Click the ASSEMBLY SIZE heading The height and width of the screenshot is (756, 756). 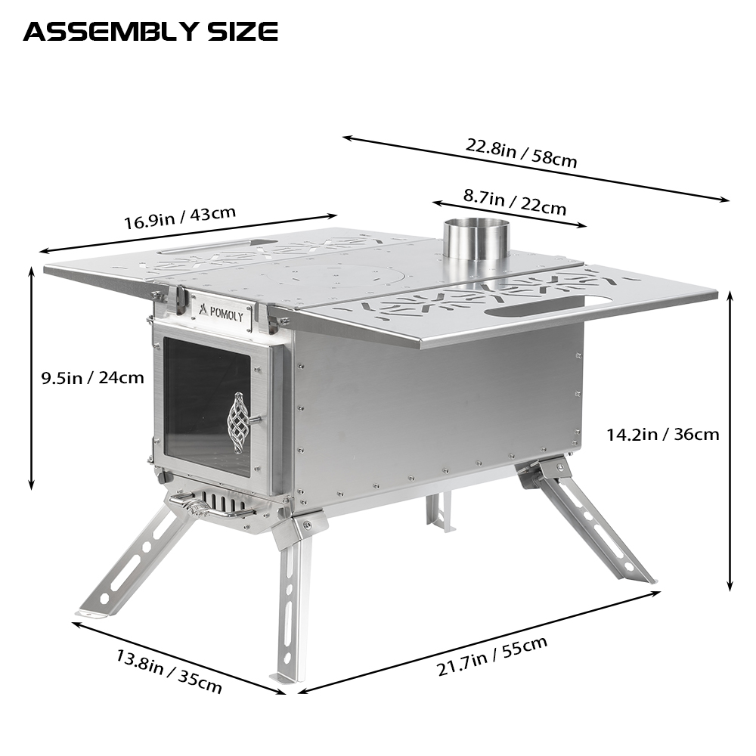point(150,32)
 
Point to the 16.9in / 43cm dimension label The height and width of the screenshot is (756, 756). point(180,218)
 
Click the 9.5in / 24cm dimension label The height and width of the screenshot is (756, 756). point(92,377)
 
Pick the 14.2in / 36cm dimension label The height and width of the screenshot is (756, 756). point(662,435)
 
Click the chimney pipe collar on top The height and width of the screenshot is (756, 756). point(475,239)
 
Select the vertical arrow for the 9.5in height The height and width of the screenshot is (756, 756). point(32,377)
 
